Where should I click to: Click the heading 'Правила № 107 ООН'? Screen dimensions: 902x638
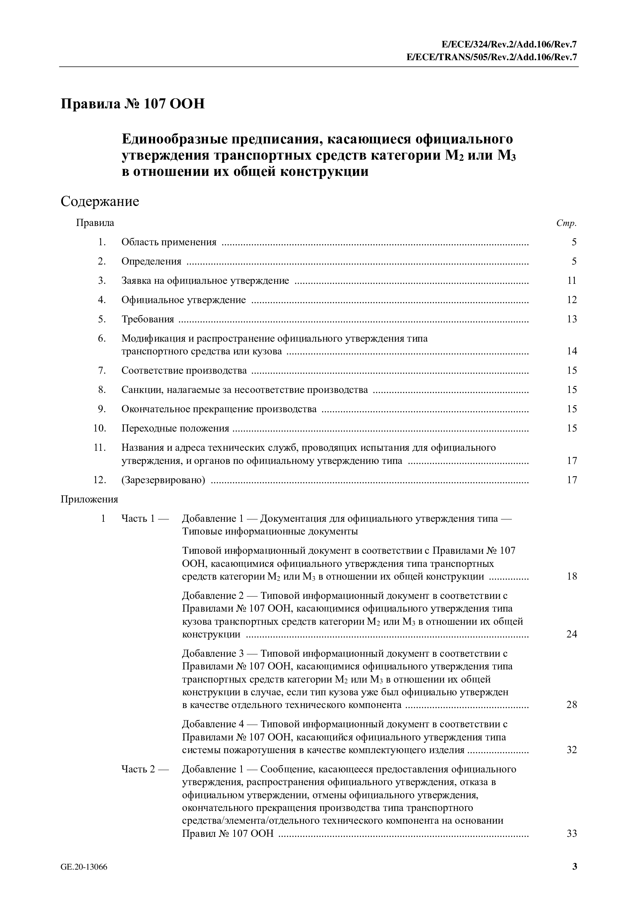click(132, 104)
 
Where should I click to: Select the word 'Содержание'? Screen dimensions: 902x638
click(100, 202)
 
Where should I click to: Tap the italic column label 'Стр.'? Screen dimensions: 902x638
click(566, 224)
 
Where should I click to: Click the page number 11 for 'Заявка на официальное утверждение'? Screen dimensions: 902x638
click(572, 280)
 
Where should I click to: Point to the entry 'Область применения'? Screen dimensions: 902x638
click(169, 242)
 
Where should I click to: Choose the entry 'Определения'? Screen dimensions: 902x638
click(151, 261)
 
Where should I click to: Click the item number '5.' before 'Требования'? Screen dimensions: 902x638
click(102, 319)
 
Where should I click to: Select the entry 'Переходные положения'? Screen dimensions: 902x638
click(175, 428)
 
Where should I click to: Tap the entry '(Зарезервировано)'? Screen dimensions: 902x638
click(163, 480)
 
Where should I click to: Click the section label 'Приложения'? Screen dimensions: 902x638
click(89, 499)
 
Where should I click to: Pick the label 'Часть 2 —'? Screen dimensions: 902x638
click(145, 769)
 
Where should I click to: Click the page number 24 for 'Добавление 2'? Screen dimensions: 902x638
click(572, 634)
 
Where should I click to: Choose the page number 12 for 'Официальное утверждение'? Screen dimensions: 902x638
click(572, 300)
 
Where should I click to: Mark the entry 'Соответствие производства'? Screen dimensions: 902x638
click(184, 371)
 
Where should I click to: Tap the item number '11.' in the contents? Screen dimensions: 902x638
click(100, 447)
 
